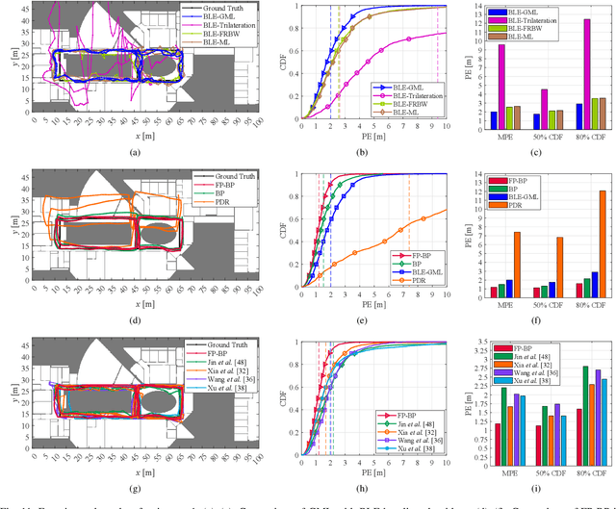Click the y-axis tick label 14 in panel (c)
point(479,6)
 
